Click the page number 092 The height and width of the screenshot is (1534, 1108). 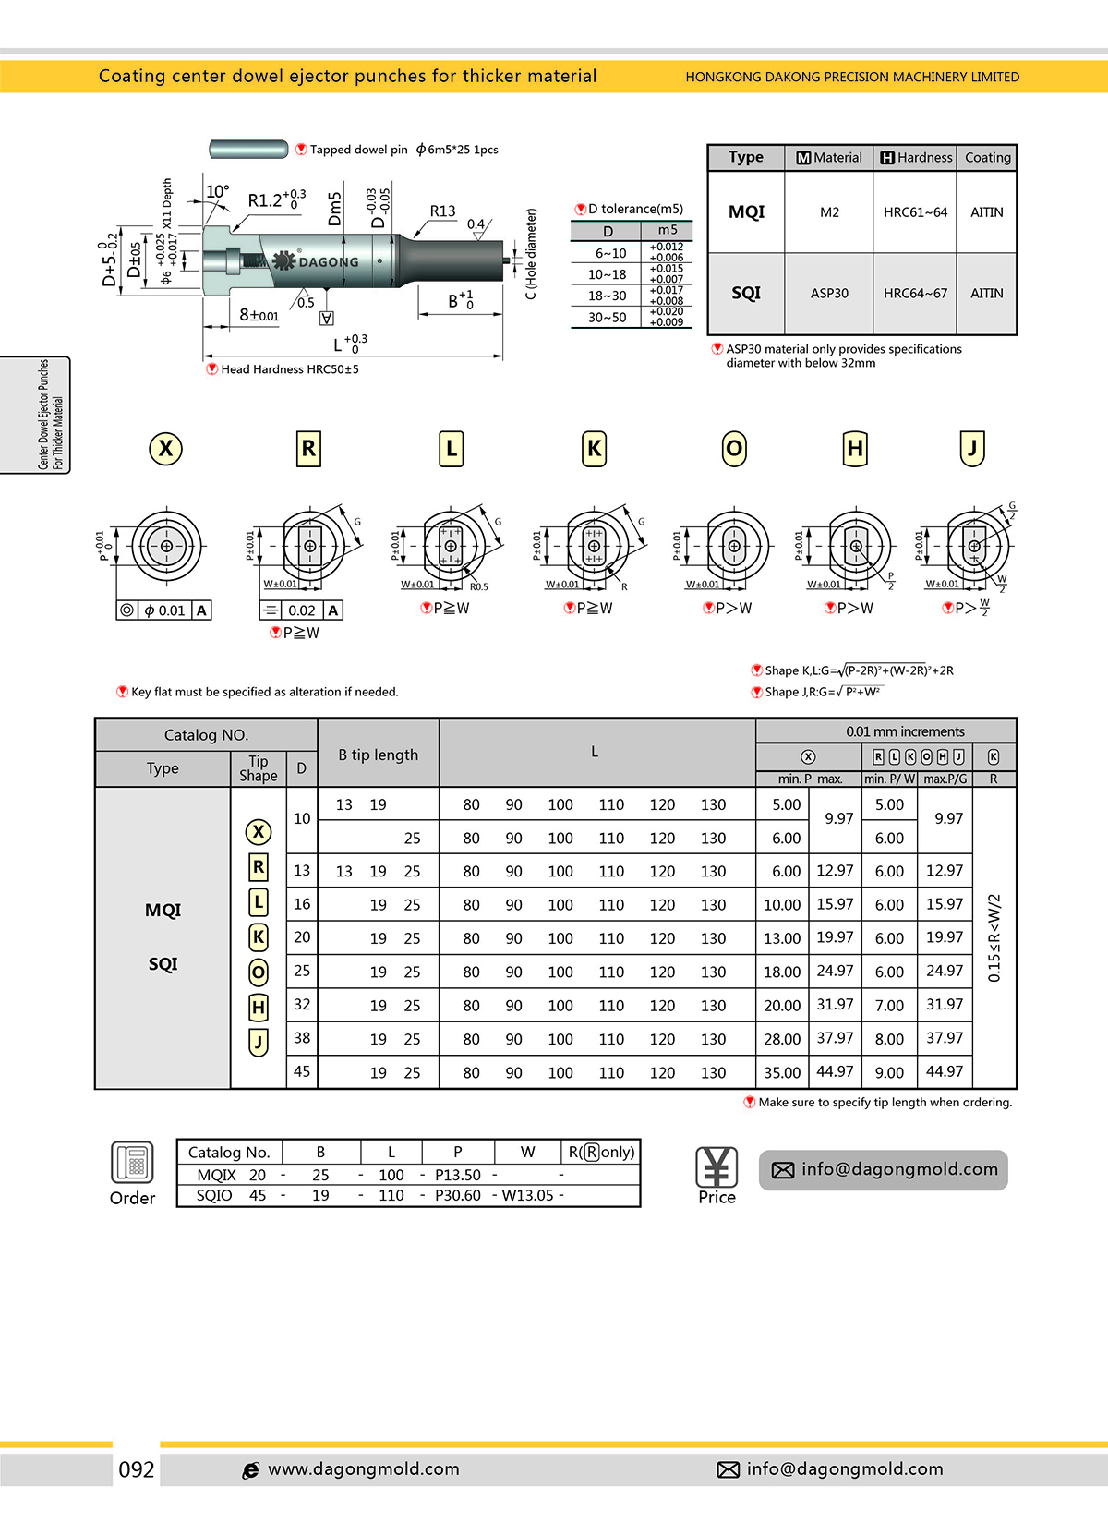tap(137, 1469)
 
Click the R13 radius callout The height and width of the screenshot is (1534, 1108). tap(442, 211)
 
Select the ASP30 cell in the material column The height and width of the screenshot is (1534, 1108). tap(829, 293)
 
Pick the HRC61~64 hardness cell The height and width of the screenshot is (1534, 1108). tap(915, 212)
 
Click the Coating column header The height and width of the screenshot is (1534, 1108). tap(987, 158)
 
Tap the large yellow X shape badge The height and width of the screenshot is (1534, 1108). tap(166, 449)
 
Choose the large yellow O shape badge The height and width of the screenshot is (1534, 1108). tap(734, 449)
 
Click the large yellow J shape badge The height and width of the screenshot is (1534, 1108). tap(972, 449)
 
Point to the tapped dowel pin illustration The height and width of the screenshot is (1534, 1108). tap(249, 149)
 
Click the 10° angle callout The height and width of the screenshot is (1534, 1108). tap(218, 191)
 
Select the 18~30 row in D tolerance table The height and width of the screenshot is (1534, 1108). tap(607, 296)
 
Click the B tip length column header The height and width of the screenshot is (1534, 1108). tap(378, 755)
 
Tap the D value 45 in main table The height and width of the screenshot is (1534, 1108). tap(302, 1071)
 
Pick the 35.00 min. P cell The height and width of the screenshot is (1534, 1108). tap(782, 1072)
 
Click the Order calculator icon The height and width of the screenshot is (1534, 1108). tap(133, 1162)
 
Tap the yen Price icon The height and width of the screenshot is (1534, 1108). tap(717, 1167)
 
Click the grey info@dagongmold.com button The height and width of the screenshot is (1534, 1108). tap(884, 1170)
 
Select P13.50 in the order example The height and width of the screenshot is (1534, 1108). tap(458, 1175)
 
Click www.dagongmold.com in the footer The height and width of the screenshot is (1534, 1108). tap(363, 1469)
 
